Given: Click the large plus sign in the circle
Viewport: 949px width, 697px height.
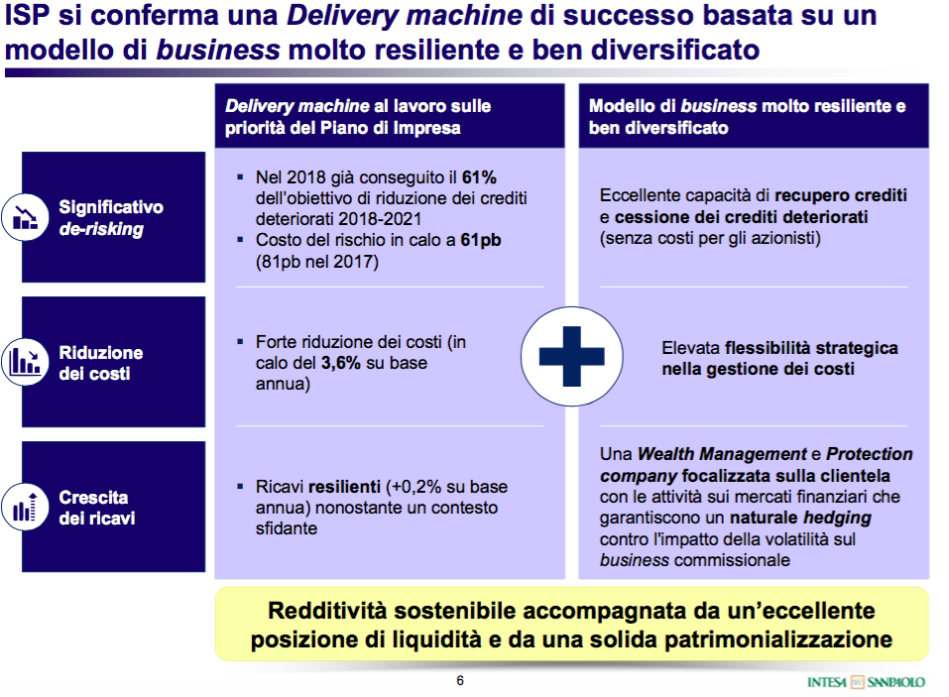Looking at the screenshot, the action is (571, 356).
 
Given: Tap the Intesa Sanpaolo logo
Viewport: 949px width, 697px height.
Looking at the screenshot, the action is (866, 682).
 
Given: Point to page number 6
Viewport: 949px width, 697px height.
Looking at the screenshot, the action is (460, 681).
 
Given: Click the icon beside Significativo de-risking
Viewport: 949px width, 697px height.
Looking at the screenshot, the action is (26, 217).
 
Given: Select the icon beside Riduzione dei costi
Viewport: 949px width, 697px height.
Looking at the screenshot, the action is (26, 362).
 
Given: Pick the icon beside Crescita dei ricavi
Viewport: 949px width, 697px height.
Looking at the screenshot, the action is (26, 507).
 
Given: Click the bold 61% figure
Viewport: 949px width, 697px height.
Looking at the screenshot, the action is (479, 177).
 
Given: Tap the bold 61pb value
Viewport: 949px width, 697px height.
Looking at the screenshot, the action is (481, 240).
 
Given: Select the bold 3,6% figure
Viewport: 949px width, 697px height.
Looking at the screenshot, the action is (341, 363).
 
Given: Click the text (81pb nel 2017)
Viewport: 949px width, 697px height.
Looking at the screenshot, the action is (317, 262).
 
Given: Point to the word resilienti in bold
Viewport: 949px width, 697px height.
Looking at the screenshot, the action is (344, 487).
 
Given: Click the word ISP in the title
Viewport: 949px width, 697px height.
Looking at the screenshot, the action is (27, 15).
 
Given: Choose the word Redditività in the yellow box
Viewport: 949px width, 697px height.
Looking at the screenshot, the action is (327, 611).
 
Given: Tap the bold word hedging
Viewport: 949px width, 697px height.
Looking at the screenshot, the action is (837, 518).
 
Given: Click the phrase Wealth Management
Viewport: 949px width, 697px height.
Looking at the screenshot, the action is (722, 454).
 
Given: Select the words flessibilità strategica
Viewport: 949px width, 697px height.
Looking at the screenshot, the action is (811, 348).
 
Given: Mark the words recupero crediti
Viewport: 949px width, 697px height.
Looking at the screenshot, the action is (841, 195).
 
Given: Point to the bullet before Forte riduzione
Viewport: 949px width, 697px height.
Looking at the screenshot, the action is (240, 342).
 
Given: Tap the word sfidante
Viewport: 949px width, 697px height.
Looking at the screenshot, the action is (287, 528).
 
